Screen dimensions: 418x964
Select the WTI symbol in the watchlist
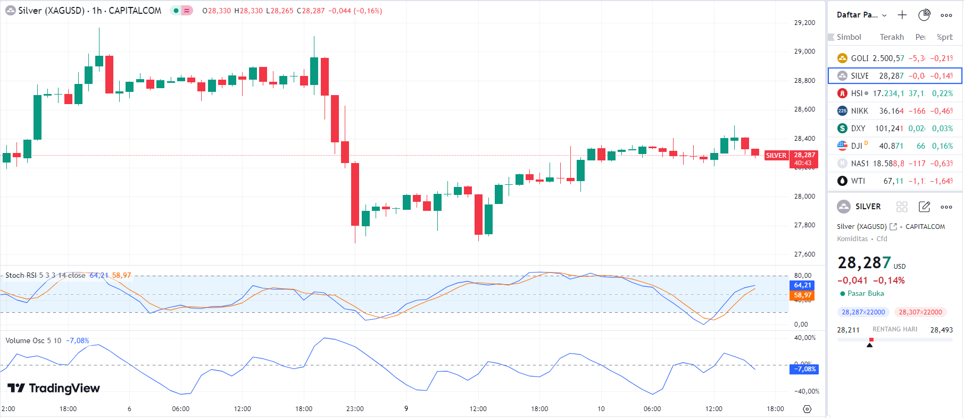(858, 181)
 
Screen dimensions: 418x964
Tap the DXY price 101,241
(889, 129)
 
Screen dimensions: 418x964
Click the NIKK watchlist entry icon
(842, 111)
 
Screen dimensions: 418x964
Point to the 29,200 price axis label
(804, 23)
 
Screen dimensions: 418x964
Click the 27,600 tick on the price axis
(804, 254)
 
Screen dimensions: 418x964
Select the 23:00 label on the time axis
(355, 408)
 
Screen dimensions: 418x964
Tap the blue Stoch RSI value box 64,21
(802, 285)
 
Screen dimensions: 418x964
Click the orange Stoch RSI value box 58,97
(802, 295)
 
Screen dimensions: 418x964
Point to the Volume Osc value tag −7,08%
(804, 369)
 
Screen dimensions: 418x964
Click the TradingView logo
(54, 388)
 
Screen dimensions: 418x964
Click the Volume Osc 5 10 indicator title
(34, 340)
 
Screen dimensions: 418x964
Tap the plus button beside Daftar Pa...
(902, 15)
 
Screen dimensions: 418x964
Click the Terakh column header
(892, 37)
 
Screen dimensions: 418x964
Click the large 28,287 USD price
(864, 263)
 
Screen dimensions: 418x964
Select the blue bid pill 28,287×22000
(863, 312)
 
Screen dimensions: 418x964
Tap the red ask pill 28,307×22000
(920, 312)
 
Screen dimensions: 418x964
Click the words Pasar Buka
(866, 294)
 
